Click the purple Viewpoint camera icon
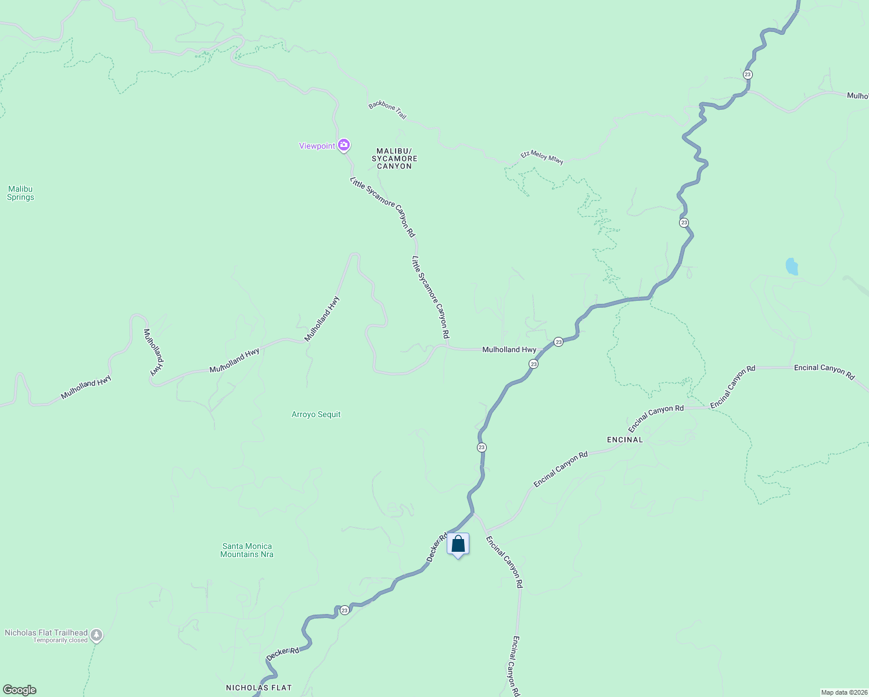click(344, 145)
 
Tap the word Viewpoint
click(317, 146)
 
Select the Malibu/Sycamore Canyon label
click(394, 159)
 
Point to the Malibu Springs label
click(20, 193)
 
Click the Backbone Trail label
click(387, 110)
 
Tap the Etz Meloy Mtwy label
click(542, 157)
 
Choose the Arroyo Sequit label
click(316, 414)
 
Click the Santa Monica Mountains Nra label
click(247, 550)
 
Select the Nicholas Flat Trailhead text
click(46, 633)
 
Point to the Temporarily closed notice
click(60, 641)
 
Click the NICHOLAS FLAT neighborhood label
click(258, 688)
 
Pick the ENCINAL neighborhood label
click(625, 440)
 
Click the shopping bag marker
click(458, 544)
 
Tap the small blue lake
click(791, 267)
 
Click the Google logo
click(19, 690)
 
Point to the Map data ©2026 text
click(843, 692)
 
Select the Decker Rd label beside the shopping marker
click(437, 547)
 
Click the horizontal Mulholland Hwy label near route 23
click(509, 350)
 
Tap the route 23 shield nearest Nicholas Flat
click(344, 610)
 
